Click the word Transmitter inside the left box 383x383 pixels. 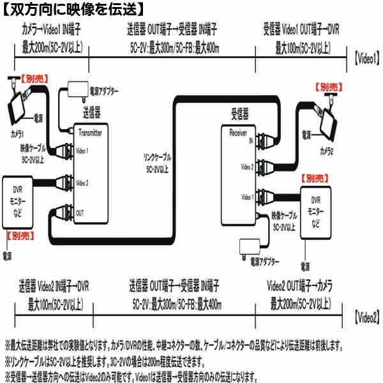point(89,132)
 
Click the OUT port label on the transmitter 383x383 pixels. point(80,211)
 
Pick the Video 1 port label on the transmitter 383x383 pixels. point(82,151)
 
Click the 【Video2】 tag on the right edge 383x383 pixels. point(366,316)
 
